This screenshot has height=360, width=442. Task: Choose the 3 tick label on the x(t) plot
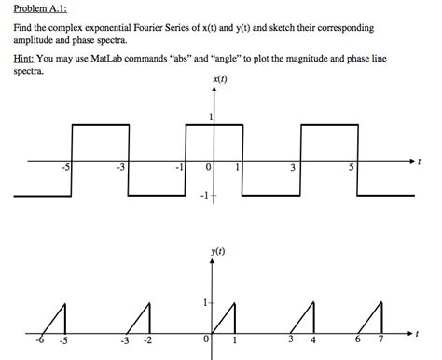click(x=294, y=168)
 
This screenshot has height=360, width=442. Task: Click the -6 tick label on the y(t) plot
click(x=38, y=339)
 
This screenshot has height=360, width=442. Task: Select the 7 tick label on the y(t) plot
click(x=380, y=339)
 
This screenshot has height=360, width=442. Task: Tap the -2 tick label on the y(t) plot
click(x=148, y=339)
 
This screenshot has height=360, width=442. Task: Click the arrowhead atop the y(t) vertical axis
click(x=214, y=264)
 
